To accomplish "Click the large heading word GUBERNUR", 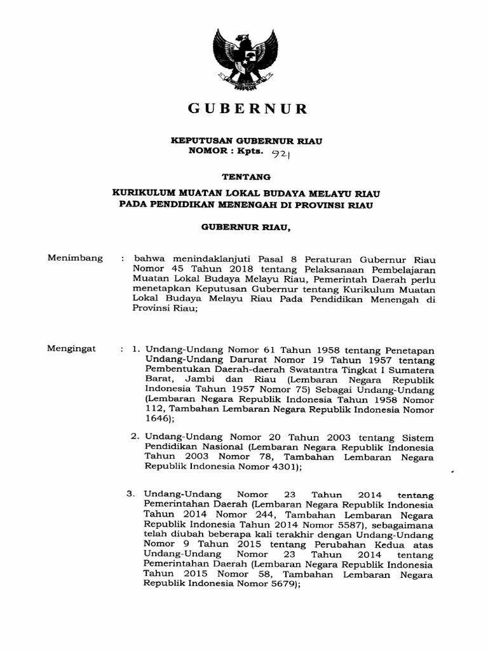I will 247,109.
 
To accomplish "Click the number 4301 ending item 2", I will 281,466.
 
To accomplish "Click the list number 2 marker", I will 135,437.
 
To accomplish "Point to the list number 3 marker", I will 130,493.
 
